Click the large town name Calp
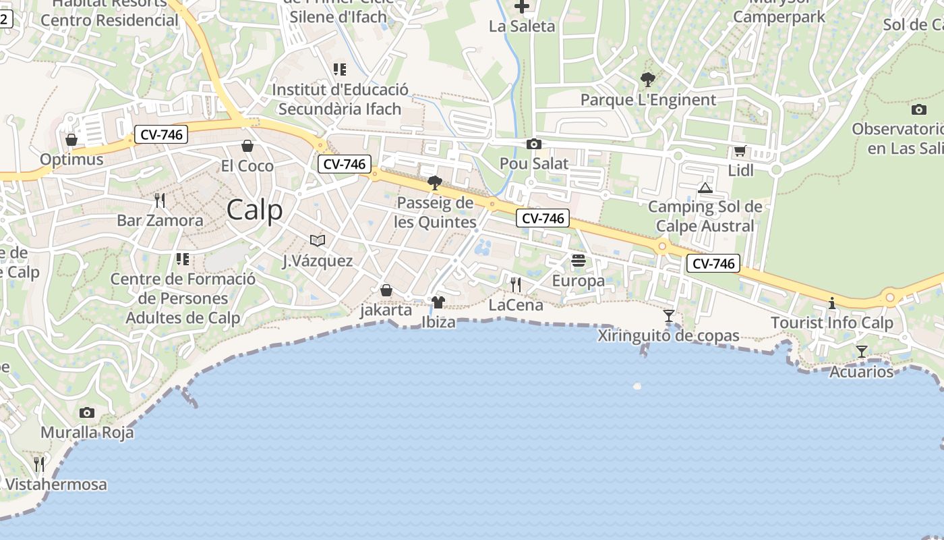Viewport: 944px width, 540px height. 254,210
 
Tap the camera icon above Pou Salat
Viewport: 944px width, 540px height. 533,144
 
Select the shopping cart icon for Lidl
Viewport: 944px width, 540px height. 740,151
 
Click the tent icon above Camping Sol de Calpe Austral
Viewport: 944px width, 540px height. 705,188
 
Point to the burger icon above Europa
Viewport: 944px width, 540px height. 578,261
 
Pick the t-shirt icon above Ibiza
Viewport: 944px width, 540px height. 438,302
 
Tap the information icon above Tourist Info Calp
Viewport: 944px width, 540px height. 832,303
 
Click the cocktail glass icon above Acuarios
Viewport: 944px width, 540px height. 861,351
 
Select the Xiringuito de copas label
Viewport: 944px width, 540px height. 668,335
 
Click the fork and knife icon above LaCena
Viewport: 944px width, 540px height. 516,284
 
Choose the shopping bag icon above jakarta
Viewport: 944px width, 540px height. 386,290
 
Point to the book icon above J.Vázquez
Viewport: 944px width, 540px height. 318,240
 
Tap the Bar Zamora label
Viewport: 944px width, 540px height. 160,221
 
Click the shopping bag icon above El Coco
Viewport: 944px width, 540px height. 247,146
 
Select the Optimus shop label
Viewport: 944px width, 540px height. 71,160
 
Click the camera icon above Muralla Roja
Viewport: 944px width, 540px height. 87,412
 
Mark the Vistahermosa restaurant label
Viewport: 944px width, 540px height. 55,485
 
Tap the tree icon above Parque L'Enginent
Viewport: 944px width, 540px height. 647,80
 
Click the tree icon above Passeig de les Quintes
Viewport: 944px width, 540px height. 435,182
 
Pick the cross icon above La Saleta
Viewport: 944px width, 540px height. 522,7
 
